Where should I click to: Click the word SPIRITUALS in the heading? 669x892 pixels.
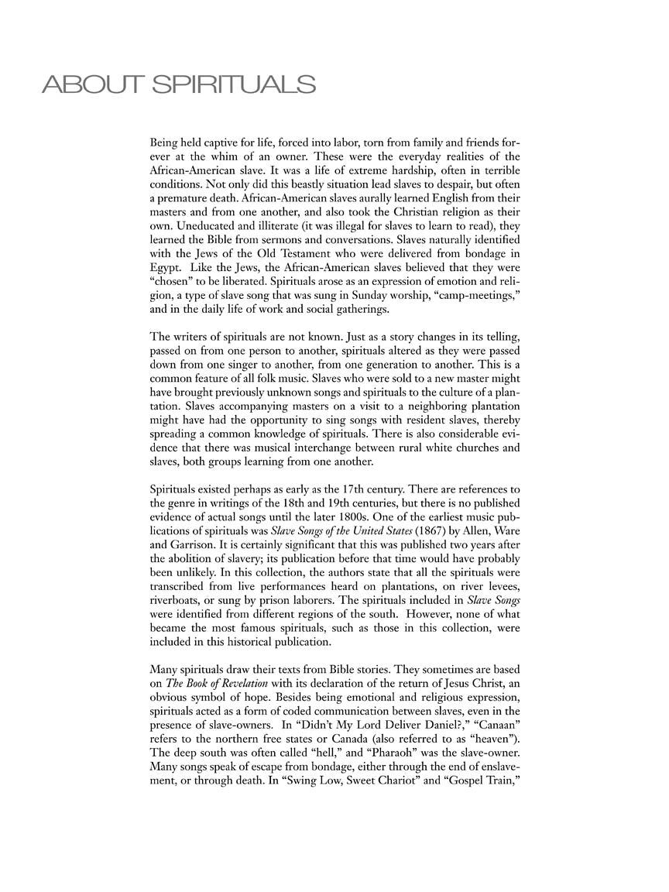coord(234,84)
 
